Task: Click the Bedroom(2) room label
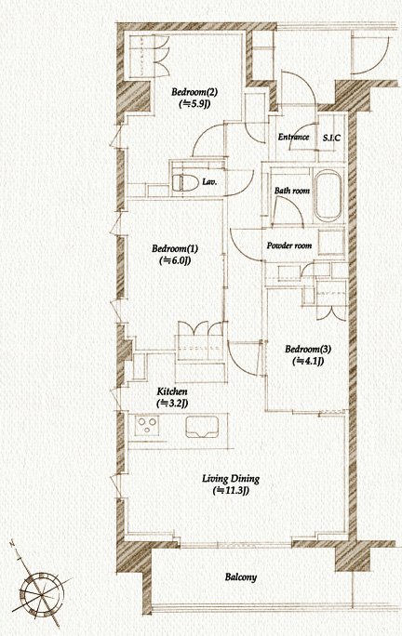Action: (194, 92)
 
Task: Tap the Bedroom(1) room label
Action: (175, 248)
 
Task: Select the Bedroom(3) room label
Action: (308, 349)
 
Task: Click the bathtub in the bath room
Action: (328, 196)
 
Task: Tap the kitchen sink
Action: (202, 427)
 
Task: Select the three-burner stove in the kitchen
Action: (147, 426)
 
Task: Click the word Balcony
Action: (241, 576)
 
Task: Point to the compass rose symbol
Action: (42, 594)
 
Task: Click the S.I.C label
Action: (331, 138)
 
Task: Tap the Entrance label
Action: (293, 137)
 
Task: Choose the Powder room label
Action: (289, 245)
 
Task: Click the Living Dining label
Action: (231, 479)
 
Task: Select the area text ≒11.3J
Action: (231, 491)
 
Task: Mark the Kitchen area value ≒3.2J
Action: (172, 404)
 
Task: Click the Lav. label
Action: (209, 182)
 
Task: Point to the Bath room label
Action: (292, 191)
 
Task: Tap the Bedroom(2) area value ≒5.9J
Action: (194, 104)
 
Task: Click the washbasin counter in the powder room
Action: (331, 242)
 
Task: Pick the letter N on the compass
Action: (13, 543)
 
